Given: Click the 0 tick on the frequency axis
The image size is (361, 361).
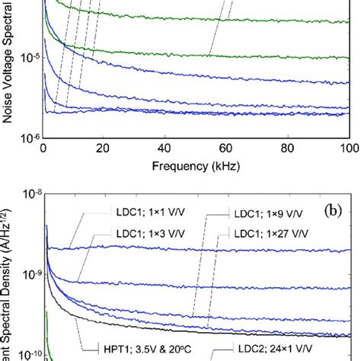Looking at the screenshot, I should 43,147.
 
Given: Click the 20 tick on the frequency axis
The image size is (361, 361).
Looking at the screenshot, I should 104,147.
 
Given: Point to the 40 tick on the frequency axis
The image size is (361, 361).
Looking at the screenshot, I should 165,147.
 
